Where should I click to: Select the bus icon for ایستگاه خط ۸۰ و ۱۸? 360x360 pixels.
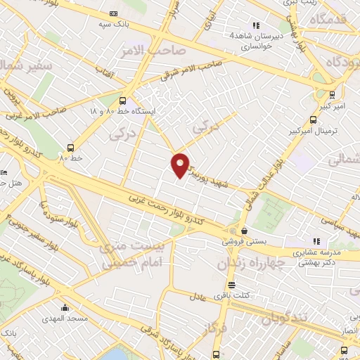click(123, 101)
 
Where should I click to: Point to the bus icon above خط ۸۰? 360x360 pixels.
click(70, 148)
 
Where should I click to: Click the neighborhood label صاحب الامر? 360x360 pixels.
click(162, 51)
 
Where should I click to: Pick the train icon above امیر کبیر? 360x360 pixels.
click(331, 94)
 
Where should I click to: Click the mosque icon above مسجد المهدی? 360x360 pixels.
click(65, 307)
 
